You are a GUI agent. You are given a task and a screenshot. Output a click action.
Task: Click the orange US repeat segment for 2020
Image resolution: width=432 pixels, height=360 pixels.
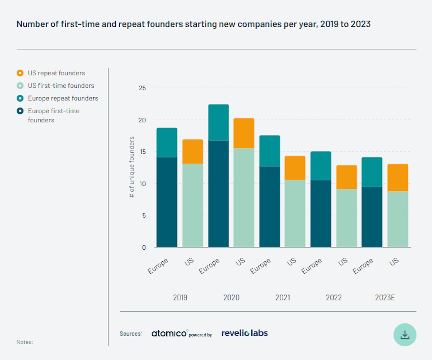click(x=244, y=133)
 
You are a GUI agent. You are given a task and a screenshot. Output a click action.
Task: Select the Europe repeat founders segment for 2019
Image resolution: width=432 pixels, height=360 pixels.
click(x=167, y=142)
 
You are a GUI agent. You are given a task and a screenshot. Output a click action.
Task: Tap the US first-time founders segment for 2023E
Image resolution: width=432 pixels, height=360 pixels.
click(x=397, y=219)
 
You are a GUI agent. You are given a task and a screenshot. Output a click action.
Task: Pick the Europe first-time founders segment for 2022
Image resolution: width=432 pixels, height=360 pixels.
click(x=321, y=213)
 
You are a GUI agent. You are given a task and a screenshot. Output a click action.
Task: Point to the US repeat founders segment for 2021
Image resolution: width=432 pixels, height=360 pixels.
click(x=295, y=168)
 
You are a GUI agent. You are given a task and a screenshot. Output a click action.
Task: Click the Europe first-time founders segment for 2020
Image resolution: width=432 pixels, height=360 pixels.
click(x=218, y=194)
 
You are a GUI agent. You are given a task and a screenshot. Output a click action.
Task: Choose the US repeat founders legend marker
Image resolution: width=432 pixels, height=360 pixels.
click(x=20, y=73)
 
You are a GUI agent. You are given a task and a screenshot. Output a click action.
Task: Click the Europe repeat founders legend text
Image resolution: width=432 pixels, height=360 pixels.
click(x=63, y=98)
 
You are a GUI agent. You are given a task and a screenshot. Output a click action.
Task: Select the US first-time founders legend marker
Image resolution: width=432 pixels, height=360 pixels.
click(x=20, y=86)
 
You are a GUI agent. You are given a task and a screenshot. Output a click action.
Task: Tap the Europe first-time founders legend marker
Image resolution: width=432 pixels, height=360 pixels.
click(x=20, y=111)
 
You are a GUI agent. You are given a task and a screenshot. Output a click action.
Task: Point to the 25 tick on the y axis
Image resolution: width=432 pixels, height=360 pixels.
click(x=142, y=88)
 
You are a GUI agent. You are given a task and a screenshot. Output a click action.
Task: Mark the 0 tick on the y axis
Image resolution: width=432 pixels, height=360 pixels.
click(x=144, y=248)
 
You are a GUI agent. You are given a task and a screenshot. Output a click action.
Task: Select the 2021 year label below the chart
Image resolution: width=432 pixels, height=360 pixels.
click(x=283, y=298)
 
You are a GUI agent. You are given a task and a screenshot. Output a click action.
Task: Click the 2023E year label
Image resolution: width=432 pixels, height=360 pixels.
click(x=385, y=298)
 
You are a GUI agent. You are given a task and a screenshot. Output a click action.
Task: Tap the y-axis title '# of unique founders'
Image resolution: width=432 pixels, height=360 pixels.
click(x=132, y=167)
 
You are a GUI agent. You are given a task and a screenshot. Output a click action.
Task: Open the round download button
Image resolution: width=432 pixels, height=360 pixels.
click(x=405, y=335)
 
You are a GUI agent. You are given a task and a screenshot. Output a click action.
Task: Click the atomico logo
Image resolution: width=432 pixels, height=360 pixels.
click(x=169, y=333)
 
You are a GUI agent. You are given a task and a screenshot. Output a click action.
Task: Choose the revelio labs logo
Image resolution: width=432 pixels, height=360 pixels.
click(x=244, y=333)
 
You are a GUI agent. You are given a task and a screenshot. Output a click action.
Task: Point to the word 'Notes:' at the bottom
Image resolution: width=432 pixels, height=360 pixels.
click(x=25, y=342)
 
